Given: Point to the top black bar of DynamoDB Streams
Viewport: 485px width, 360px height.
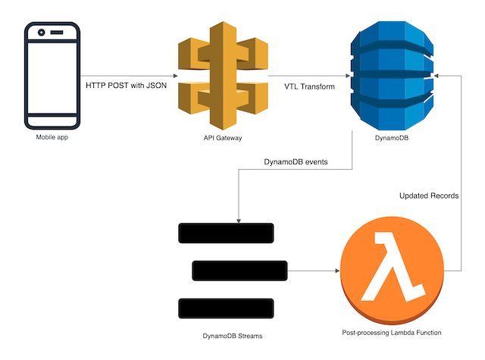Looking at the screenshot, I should click(225, 233).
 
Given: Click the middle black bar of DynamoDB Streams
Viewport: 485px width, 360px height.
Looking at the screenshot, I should click(240, 271).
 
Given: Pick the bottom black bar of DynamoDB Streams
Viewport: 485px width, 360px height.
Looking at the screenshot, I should click(225, 308).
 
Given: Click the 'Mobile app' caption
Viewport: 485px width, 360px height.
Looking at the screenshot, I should click(52, 137).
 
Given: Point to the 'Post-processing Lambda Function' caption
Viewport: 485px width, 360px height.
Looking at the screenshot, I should click(392, 333).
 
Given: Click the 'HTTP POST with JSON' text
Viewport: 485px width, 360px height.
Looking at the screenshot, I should click(125, 86).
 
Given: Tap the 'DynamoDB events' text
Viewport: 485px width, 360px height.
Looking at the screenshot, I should click(295, 161).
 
